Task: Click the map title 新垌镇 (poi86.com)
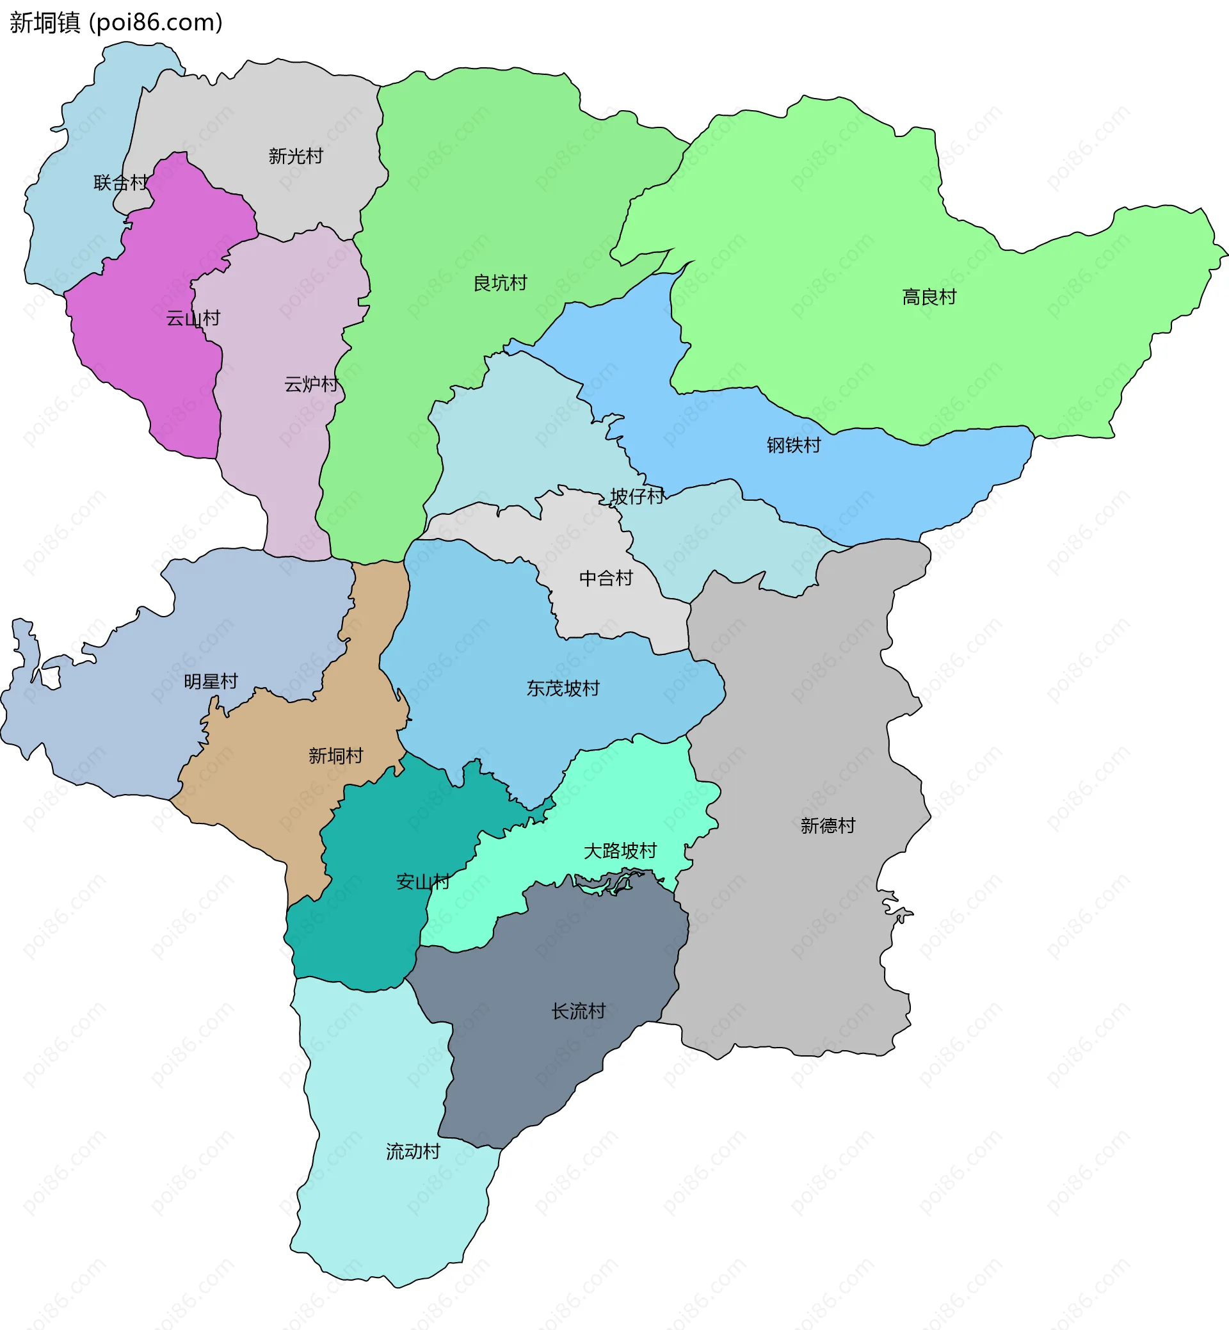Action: click(x=116, y=22)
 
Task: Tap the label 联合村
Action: click(x=120, y=182)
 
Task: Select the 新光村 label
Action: click(x=295, y=156)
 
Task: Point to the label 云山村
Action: click(x=193, y=318)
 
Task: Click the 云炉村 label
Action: click(x=311, y=384)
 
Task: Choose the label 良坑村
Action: click(x=500, y=283)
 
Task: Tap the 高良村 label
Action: click(x=929, y=296)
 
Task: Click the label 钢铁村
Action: click(x=793, y=445)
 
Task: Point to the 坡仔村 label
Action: click(x=637, y=496)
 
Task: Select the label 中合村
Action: click(x=606, y=578)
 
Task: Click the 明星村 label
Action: click(x=211, y=681)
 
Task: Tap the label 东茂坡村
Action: click(x=563, y=688)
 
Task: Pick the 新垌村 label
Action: click(x=336, y=756)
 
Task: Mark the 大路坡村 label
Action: click(x=620, y=851)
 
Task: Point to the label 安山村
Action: click(x=423, y=882)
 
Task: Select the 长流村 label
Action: click(x=579, y=1011)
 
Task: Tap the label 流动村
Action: click(x=413, y=1151)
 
